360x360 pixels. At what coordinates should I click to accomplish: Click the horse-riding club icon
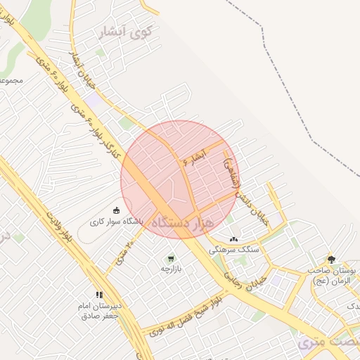pos(116,210)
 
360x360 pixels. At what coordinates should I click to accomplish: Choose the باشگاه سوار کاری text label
pos(115,221)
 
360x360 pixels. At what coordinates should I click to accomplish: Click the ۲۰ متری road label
pos(121,255)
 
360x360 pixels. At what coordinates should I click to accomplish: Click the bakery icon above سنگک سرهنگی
pos(233,239)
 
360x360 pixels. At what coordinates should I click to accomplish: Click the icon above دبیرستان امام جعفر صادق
pos(99,295)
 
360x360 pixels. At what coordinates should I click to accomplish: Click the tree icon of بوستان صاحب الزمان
pos(331,259)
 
